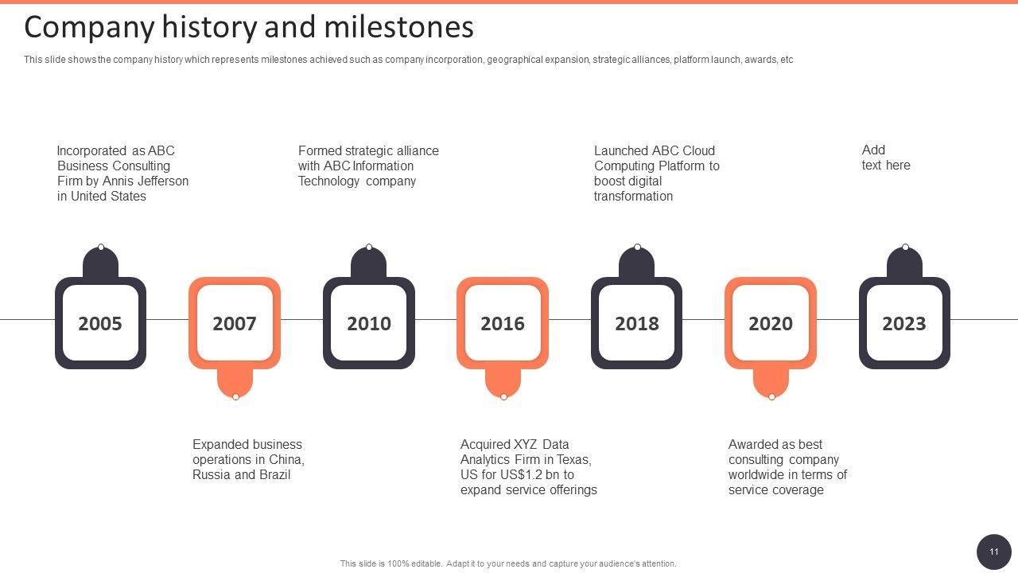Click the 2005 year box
(100, 323)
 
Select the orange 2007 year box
(235, 323)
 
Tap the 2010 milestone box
(368, 323)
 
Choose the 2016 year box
(503, 323)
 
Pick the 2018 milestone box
(636, 323)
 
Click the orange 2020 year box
(771, 323)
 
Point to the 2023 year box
(904, 323)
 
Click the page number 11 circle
(993, 552)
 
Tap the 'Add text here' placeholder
(885, 158)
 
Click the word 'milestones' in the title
(399, 27)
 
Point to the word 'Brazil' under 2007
(274, 474)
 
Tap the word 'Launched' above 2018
(621, 150)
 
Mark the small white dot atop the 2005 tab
(101, 248)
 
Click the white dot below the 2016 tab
(503, 396)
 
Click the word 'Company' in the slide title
(89, 27)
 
